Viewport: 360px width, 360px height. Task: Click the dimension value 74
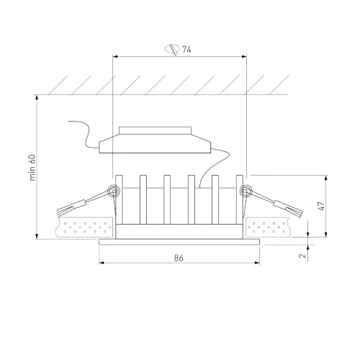(x=186, y=50)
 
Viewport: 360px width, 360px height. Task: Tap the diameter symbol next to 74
(x=172, y=50)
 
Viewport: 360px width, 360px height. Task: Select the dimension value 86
(x=179, y=258)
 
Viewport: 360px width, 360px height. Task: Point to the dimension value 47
(x=321, y=206)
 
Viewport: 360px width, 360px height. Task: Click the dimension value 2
(x=303, y=255)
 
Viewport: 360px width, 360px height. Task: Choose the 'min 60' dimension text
(x=32, y=168)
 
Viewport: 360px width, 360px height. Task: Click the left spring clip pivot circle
(x=114, y=191)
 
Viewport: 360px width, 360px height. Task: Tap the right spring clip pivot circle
(x=246, y=191)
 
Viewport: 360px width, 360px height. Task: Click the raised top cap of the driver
(x=155, y=130)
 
